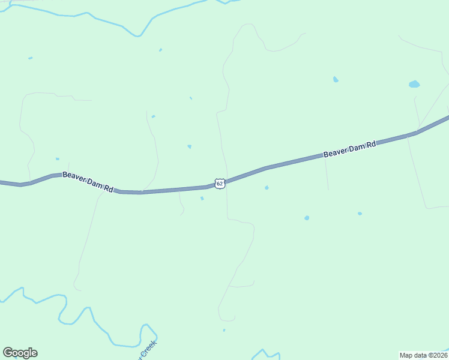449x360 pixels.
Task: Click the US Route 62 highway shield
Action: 220,183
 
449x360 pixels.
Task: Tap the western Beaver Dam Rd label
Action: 88,181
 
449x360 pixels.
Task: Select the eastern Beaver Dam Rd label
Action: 349,149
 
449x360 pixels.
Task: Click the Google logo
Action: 20,353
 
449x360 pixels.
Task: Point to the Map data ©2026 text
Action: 423,355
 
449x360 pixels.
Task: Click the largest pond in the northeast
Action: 414,84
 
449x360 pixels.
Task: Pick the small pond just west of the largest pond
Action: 336,79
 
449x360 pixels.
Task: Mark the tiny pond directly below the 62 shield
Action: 202,198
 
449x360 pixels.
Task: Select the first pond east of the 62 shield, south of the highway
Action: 267,188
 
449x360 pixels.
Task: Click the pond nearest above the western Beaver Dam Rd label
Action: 58,159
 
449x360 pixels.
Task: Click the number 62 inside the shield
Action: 220,183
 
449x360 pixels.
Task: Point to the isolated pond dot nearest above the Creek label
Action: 224,330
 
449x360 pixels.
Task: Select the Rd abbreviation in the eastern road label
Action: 371,145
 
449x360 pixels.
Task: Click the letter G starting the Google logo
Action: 8,352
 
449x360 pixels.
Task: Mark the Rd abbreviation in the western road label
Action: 108,188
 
